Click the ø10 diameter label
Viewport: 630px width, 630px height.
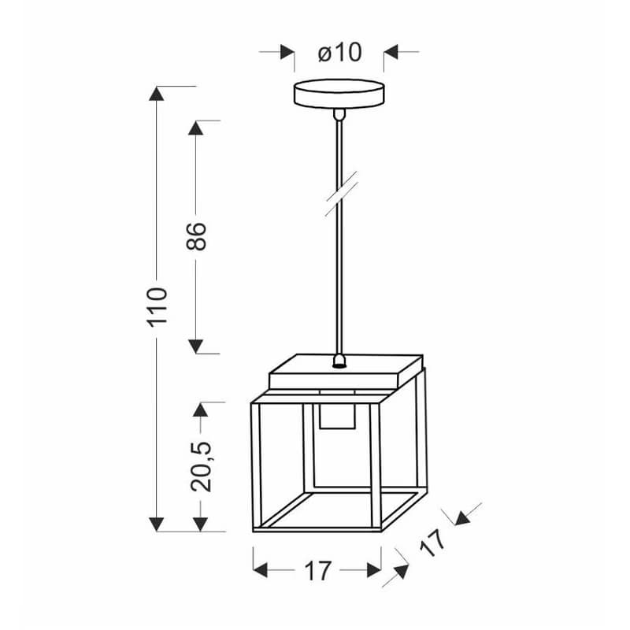(x=339, y=53)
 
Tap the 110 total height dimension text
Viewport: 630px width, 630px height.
(x=157, y=306)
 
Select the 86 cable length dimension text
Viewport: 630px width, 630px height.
(x=196, y=235)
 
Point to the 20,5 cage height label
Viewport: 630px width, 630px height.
(x=201, y=466)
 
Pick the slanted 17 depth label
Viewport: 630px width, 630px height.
(x=432, y=543)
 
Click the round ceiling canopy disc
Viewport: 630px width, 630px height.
(x=339, y=94)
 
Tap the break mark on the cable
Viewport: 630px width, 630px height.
(x=341, y=194)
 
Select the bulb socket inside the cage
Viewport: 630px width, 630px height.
(x=337, y=417)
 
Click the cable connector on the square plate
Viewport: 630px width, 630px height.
(x=339, y=361)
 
